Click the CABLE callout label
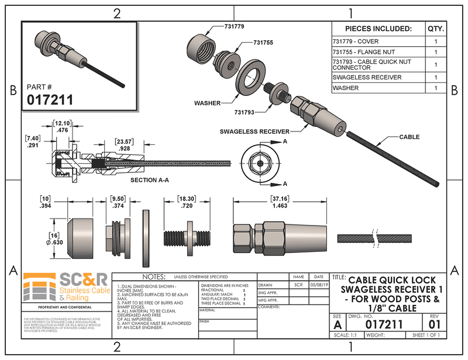pyautogui.click(x=409, y=137)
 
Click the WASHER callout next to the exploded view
pyautogui.click(x=208, y=103)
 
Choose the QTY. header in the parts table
pyautogui.click(x=436, y=29)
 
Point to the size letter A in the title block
pyautogui.click(x=338, y=324)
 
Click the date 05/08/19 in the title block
pyautogui.click(x=318, y=285)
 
